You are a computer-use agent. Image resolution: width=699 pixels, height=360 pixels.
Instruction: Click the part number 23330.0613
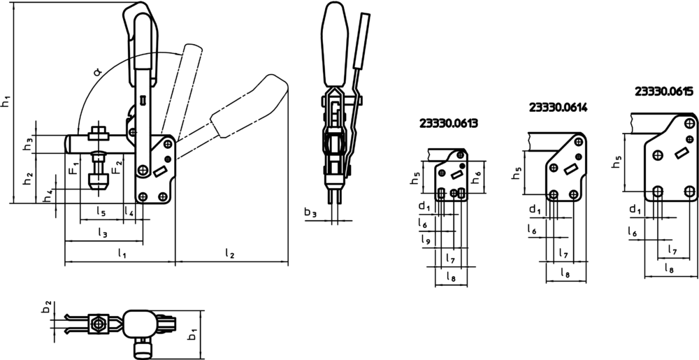click(449, 124)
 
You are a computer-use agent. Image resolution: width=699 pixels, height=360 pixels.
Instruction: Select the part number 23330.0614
click(558, 108)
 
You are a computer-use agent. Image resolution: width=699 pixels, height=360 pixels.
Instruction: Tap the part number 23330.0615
click(664, 92)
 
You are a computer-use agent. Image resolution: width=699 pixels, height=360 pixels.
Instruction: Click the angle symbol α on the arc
click(98, 71)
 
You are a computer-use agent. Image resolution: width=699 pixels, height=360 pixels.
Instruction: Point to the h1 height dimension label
click(6, 101)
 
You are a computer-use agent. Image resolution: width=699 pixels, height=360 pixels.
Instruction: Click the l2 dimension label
click(229, 254)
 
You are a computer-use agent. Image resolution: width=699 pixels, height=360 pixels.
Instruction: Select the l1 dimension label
click(122, 253)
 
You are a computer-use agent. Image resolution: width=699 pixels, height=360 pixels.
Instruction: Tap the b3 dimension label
click(311, 213)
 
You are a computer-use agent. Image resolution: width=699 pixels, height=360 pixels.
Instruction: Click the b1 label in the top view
click(192, 333)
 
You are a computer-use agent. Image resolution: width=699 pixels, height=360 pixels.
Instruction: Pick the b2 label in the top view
click(45, 307)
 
